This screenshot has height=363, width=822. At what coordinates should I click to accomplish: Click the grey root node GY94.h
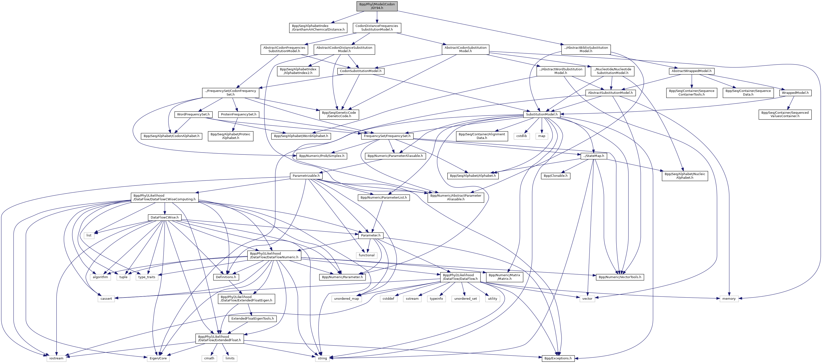pos(377,6)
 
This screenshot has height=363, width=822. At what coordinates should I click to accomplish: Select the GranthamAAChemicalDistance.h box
pos(318,27)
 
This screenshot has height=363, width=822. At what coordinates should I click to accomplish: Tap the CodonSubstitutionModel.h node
pos(361,71)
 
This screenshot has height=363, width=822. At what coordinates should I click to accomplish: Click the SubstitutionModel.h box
pos(542,114)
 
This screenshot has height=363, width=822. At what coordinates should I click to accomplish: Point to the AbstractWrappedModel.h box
pos(691,71)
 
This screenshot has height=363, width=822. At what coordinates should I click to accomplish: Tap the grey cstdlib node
pos(522,136)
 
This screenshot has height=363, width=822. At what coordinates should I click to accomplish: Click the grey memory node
pos(729,298)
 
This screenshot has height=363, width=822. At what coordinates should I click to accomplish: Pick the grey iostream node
pos(56,358)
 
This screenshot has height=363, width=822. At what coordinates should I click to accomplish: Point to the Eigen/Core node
pos(158,358)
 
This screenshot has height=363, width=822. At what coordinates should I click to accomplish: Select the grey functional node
pos(366,255)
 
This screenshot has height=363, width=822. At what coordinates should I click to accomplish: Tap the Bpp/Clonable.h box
pos(555,176)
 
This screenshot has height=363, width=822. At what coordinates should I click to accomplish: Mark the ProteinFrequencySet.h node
pos(239,114)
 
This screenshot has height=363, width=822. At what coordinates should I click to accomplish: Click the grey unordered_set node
pos(466,298)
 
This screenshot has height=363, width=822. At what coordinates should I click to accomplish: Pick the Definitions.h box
pos(226,277)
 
